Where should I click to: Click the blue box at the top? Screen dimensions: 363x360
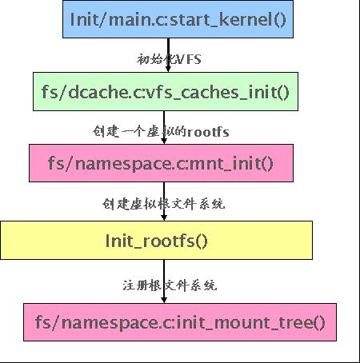[x=178, y=18]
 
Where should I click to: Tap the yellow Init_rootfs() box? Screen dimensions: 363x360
[x=157, y=241]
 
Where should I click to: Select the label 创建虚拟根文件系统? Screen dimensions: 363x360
[x=163, y=203]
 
